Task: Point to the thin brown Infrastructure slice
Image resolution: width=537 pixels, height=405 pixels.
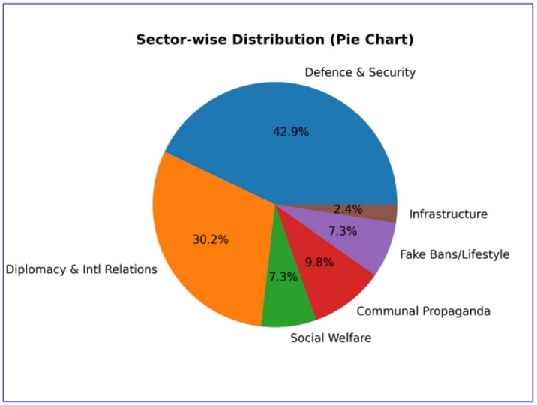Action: pyautogui.click(x=379, y=213)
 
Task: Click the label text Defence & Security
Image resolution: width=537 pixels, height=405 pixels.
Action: pyautogui.click(x=360, y=73)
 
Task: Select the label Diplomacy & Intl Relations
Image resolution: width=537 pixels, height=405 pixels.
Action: pyautogui.click(x=82, y=269)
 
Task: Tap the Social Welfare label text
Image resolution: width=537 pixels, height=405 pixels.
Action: pyautogui.click(x=331, y=337)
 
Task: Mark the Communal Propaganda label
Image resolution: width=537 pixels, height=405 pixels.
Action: pyautogui.click(x=423, y=310)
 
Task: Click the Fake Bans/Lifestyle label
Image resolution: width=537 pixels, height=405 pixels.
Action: pyautogui.click(x=454, y=254)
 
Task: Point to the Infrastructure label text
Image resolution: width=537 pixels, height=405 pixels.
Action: pyautogui.click(x=448, y=214)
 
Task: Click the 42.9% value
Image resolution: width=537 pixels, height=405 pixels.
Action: pyautogui.click(x=290, y=132)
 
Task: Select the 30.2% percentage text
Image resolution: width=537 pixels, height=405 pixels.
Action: pyautogui.click(x=211, y=240)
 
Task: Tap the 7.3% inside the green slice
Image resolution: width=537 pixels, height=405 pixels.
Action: pyautogui.click(x=283, y=277)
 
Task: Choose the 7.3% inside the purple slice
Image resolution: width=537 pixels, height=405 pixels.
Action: pyautogui.click(x=342, y=231)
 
